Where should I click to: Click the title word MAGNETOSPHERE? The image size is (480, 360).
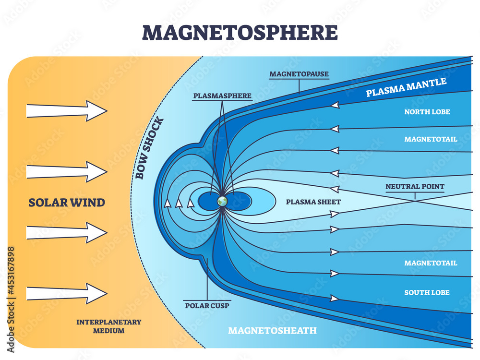[240, 32]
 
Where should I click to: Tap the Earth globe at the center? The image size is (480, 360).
[222, 201]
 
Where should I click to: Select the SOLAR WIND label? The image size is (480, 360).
[67, 203]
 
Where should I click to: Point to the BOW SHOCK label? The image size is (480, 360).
[149, 148]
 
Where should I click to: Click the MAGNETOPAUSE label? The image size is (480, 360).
[299, 74]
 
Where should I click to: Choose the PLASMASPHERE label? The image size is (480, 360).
[222, 96]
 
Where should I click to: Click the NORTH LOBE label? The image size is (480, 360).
[427, 112]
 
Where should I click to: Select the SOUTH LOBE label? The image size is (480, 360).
[427, 292]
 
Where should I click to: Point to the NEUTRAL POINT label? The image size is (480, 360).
[415, 186]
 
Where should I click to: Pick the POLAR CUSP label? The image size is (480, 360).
[207, 304]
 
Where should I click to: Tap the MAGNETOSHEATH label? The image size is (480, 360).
[272, 330]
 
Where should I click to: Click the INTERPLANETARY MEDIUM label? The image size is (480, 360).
[109, 326]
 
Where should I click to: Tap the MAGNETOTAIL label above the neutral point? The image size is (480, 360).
[431, 139]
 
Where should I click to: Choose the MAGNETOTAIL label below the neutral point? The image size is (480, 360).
[431, 263]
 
